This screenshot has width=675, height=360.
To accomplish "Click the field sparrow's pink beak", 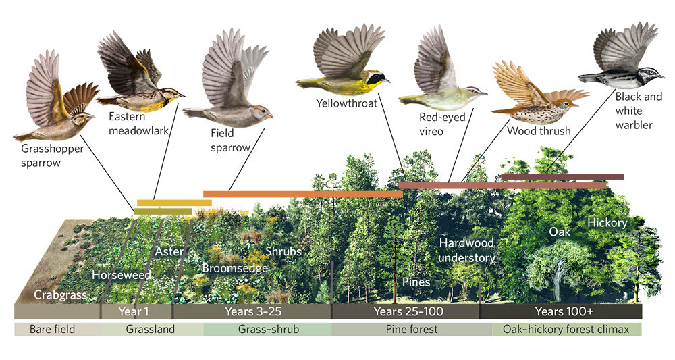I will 270,115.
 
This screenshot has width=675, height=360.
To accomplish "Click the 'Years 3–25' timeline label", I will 252,311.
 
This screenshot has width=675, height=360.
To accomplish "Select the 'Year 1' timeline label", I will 134,311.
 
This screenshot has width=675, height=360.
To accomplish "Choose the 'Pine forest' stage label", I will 412,330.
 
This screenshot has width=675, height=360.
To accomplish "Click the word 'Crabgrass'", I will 60,295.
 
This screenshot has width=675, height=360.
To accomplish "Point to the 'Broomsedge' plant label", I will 235,268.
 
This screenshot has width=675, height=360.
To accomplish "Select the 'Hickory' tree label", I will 607,222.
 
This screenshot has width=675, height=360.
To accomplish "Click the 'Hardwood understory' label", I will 466,250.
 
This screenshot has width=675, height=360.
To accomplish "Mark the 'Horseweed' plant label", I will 122,275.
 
